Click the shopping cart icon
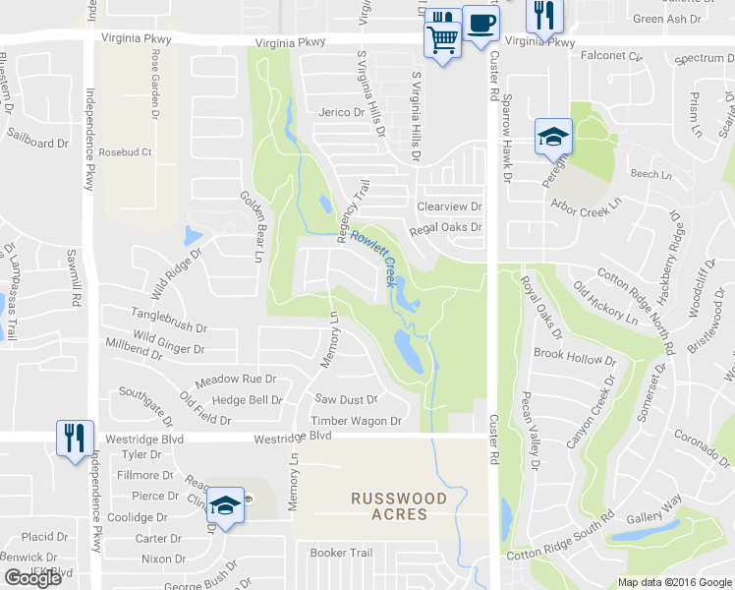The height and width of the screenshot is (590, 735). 442,39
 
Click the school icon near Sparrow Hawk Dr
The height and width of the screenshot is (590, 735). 553,136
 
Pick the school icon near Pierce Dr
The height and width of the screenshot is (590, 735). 226,506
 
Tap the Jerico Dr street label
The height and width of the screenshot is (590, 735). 341,112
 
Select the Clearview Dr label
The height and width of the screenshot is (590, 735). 449,206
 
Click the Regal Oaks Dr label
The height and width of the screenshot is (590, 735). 447,227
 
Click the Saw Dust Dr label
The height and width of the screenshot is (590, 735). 346,399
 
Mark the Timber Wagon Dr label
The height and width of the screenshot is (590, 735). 356,421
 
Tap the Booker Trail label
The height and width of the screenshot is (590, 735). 342,553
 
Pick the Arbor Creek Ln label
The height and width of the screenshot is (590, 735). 587,207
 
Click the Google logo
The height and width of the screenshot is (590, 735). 32,578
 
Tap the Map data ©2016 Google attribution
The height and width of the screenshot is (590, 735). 675,582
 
